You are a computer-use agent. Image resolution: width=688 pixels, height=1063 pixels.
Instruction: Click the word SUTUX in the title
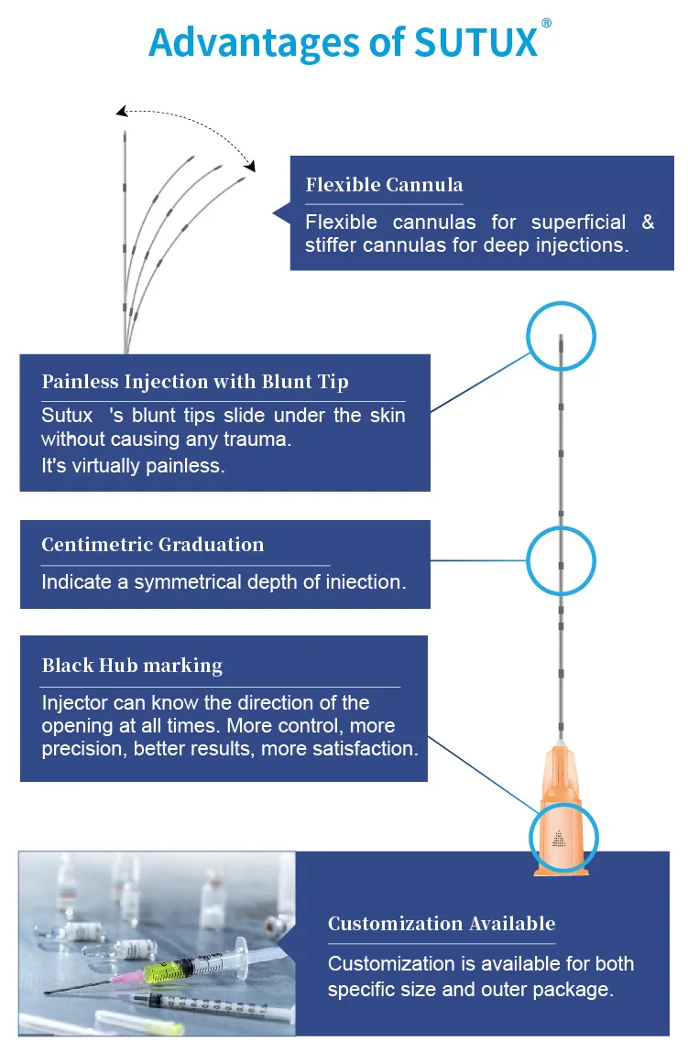pyautogui.click(x=476, y=42)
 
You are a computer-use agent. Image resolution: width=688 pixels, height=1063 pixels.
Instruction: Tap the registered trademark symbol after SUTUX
pyautogui.click(x=546, y=24)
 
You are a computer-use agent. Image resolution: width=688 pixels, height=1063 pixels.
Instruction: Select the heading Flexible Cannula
pyautogui.click(x=384, y=185)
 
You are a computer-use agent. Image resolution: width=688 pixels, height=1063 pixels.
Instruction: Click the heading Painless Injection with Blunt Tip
pyautogui.click(x=195, y=382)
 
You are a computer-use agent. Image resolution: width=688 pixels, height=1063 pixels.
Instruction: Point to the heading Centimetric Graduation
pyautogui.click(x=152, y=545)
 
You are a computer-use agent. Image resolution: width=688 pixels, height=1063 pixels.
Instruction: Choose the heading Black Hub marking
pyautogui.click(x=132, y=666)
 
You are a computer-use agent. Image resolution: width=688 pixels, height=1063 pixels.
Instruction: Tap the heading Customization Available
pyautogui.click(x=442, y=923)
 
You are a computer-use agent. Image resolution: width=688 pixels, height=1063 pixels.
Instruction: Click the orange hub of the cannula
pyautogui.click(x=562, y=778)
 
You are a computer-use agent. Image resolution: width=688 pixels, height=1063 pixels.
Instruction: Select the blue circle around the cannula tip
pyautogui.click(x=562, y=335)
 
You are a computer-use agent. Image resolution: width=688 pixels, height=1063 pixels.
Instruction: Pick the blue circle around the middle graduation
pyautogui.click(x=562, y=560)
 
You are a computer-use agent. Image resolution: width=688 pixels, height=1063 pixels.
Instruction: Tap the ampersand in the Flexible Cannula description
pyautogui.click(x=648, y=222)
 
